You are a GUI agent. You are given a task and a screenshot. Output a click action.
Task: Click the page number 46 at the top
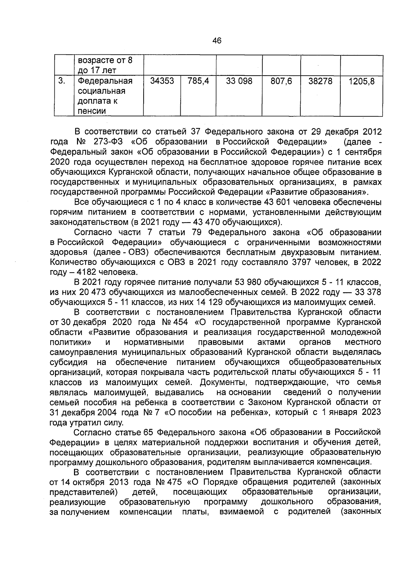pos(217,41)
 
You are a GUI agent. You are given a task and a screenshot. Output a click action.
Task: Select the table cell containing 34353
pos(162,81)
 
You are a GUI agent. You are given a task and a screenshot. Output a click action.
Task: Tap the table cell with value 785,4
pos(198,81)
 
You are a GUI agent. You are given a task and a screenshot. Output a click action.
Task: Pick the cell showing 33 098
pos(239,81)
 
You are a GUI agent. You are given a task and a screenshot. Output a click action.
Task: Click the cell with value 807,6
pos(281,81)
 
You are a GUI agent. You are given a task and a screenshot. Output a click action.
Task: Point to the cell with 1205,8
pos(361,81)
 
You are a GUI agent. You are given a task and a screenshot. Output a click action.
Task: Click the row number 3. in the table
pos(61,81)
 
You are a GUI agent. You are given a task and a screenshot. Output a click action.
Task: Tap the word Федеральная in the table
pos(105,81)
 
